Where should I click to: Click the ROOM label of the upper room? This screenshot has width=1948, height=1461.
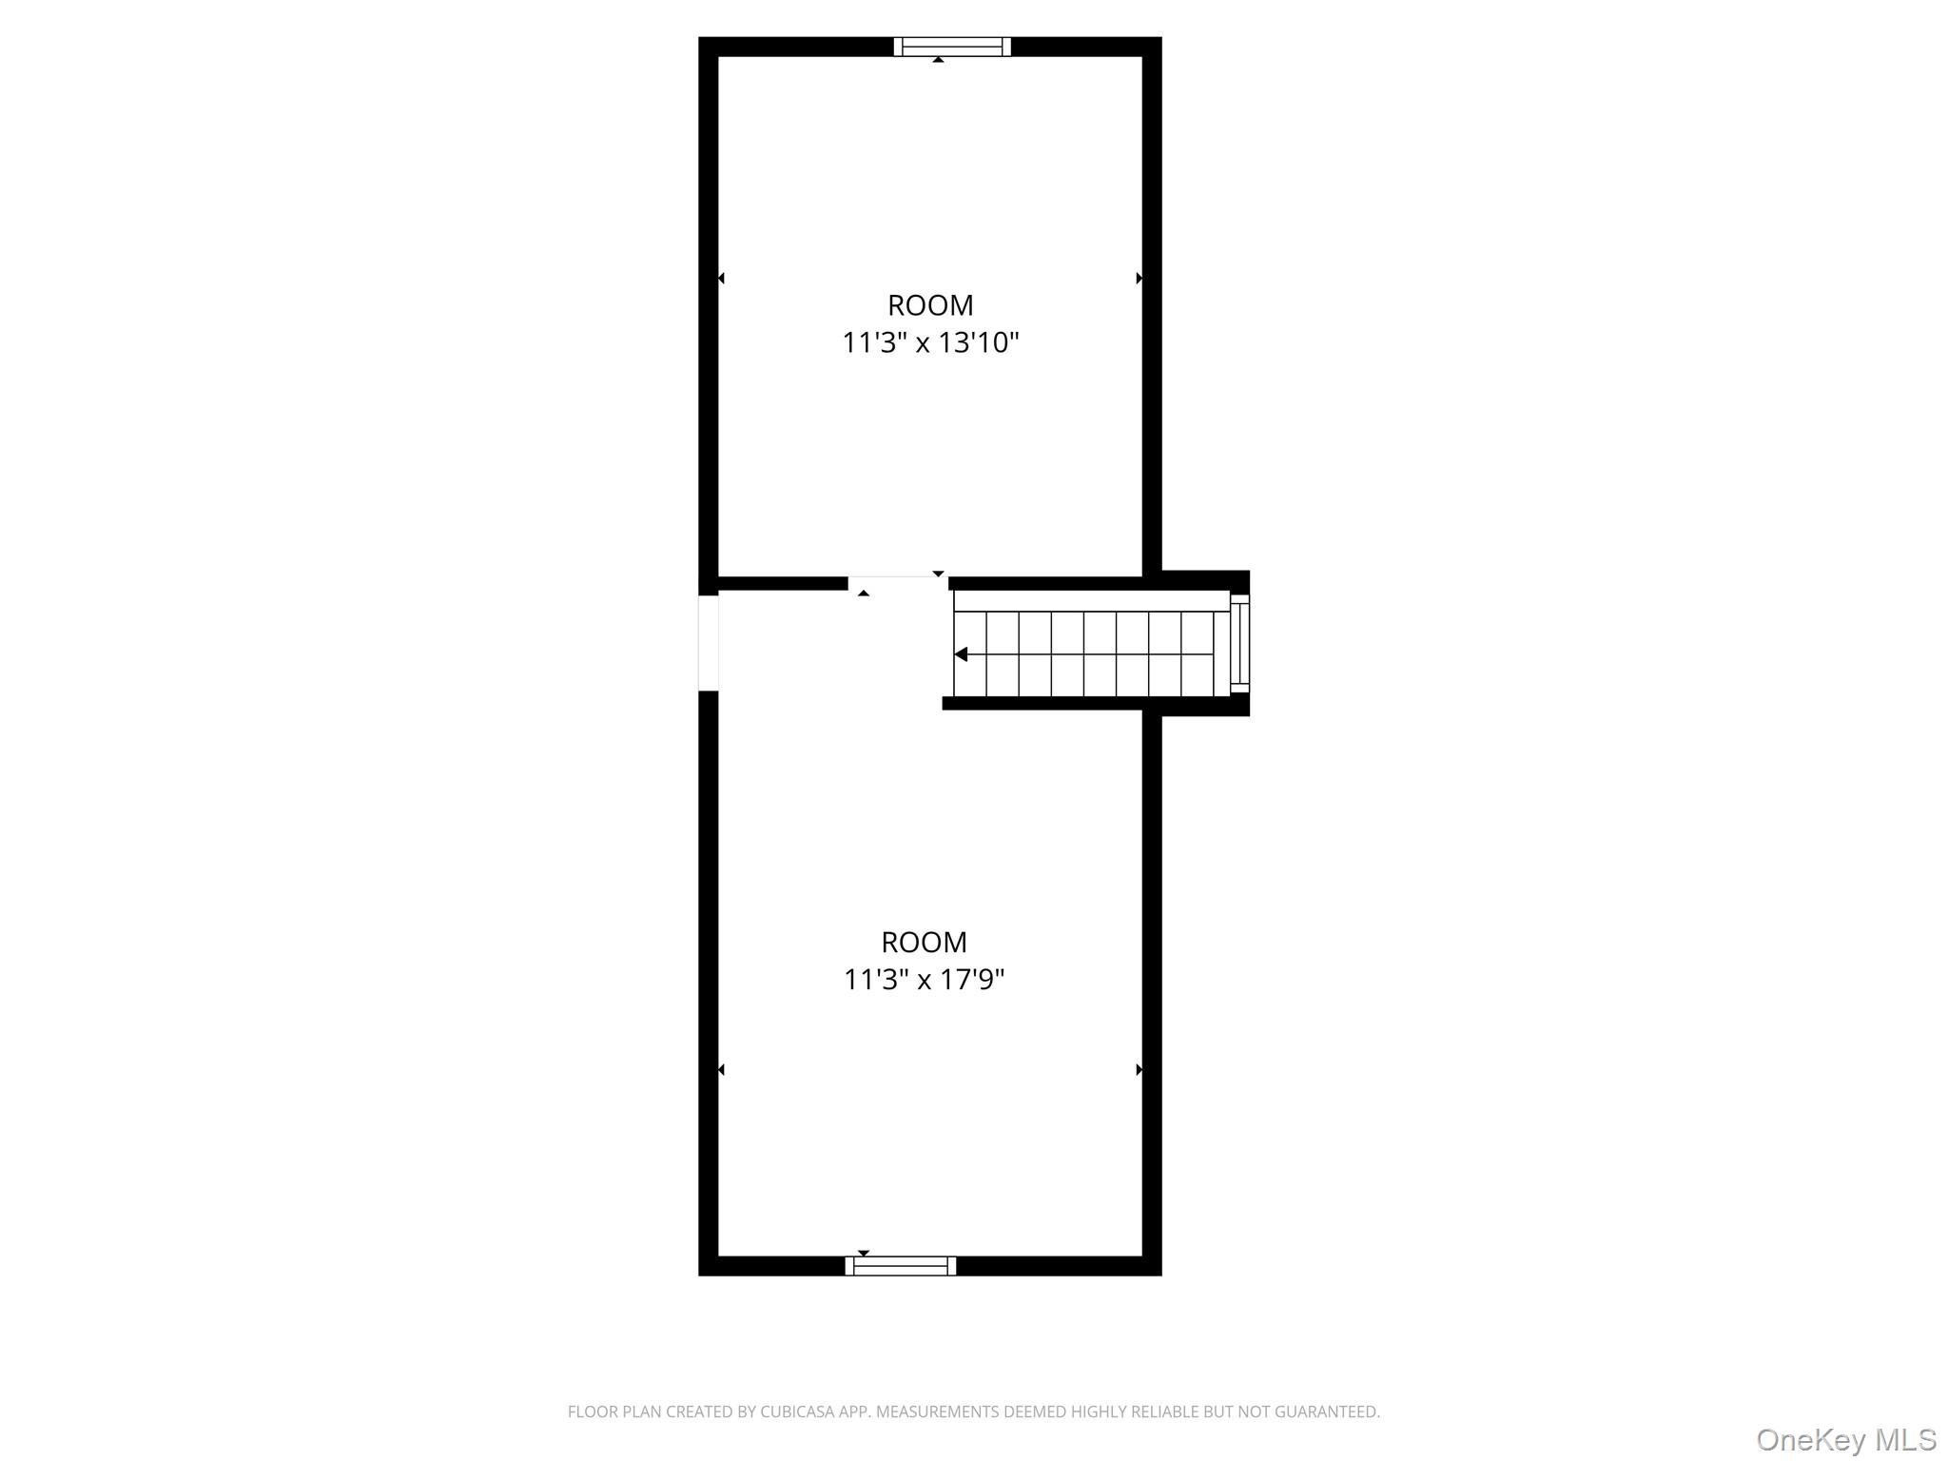tap(930, 305)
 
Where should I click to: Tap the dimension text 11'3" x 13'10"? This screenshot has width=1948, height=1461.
tap(930, 342)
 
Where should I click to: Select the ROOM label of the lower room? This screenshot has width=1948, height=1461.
tap(924, 942)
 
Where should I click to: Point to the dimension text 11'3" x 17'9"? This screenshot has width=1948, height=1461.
tap(924, 979)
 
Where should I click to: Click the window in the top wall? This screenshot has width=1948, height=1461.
tap(952, 47)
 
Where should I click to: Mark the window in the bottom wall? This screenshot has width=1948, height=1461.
tap(901, 1265)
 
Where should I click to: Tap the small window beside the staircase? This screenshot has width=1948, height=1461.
tap(1239, 642)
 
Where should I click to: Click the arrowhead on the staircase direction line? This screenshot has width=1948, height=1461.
tap(961, 654)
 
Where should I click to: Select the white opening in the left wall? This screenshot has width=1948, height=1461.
tap(708, 642)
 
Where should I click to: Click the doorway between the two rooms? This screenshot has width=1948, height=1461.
tap(898, 582)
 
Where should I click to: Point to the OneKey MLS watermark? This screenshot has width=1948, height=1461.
tap(1845, 1440)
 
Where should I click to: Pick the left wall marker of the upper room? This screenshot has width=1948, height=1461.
tap(721, 278)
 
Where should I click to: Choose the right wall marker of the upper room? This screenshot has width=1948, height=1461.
tap(1139, 278)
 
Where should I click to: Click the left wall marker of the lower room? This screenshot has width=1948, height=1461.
tap(721, 1070)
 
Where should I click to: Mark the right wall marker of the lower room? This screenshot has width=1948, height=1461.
tap(1139, 1070)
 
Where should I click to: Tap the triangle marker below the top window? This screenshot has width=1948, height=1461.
tap(938, 60)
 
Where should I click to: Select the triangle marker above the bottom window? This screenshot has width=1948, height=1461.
tap(864, 1253)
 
